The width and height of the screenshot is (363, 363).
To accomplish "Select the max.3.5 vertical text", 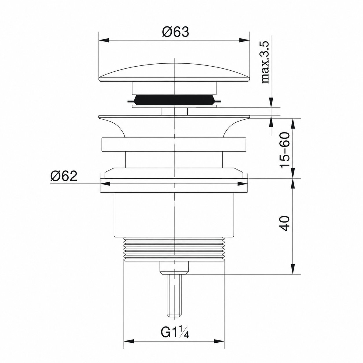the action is [x=265, y=62].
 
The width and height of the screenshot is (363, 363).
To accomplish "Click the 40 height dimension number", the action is [x=284, y=223].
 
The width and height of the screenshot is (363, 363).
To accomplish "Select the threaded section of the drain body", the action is [x=174, y=249].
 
